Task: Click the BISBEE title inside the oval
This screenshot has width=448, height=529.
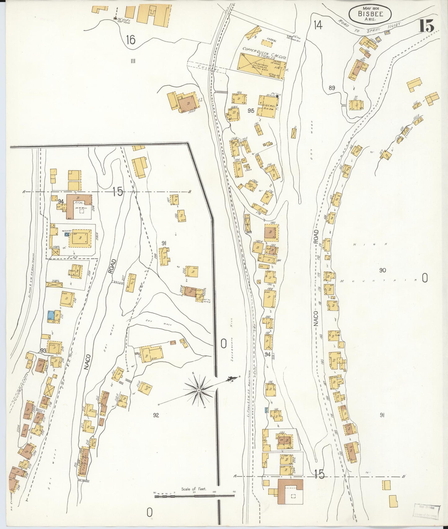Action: tap(370, 14)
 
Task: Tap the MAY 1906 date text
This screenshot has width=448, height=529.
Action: tap(370, 7)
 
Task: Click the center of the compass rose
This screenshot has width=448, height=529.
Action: tap(198, 390)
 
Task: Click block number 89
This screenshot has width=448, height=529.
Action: tap(332, 88)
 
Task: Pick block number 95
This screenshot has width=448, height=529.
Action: tap(251, 110)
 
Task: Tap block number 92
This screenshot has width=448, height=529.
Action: tap(156, 415)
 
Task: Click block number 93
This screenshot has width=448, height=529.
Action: tap(43, 350)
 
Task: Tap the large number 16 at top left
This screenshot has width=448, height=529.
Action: tap(131, 40)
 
